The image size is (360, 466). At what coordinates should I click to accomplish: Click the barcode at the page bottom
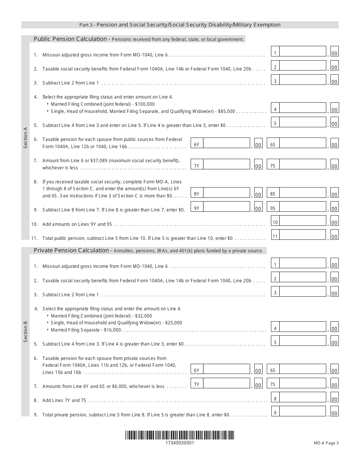click(180, 435)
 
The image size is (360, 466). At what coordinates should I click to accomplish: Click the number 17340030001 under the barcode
click(180, 443)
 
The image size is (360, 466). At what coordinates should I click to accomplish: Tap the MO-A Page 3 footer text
click(326, 443)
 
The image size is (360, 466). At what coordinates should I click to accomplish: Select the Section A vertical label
click(25, 138)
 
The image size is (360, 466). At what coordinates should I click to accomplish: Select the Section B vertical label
click(25, 332)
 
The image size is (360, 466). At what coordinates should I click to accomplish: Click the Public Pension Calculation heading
click(70, 39)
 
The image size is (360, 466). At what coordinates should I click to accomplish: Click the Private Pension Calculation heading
click(71, 250)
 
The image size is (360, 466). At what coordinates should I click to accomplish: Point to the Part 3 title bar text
click(180, 25)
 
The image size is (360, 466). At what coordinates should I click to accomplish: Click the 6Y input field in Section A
click(226, 143)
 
